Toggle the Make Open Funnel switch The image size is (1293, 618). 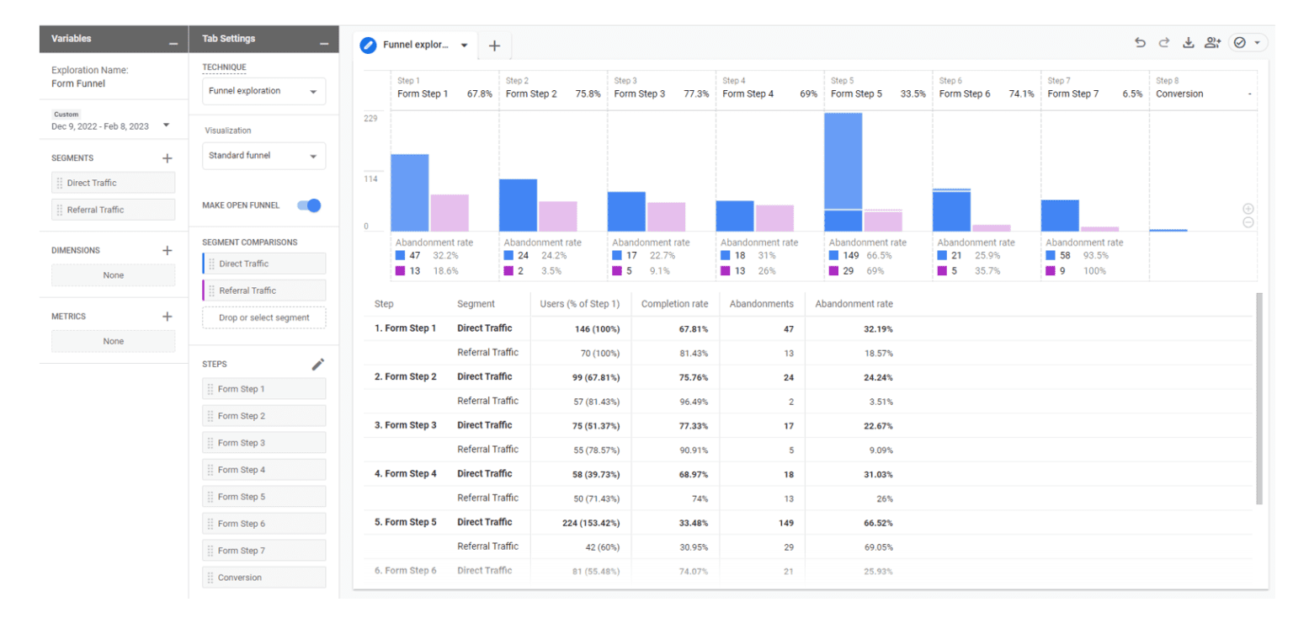[x=309, y=205]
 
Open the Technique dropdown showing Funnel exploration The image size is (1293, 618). [x=263, y=91]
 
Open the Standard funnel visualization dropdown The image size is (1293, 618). [x=263, y=156]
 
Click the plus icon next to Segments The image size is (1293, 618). [x=167, y=158]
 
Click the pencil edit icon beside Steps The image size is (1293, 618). [x=317, y=365]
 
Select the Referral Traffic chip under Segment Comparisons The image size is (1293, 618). [x=263, y=290]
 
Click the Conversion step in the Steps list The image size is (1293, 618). [x=263, y=578]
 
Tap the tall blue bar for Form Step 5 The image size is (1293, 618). [x=843, y=160]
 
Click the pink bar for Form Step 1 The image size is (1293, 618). [x=450, y=213]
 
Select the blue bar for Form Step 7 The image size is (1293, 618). [x=1059, y=216]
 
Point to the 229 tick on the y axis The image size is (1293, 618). [x=371, y=119]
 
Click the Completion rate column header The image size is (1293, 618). [x=674, y=304]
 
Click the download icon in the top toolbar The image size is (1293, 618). [x=1188, y=43]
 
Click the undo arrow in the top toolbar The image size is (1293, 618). [x=1140, y=43]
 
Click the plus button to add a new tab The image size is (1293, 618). [x=494, y=45]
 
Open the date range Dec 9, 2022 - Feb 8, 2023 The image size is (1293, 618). [x=109, y=125]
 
